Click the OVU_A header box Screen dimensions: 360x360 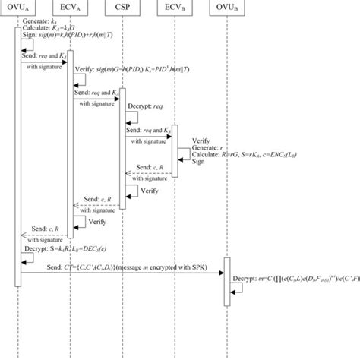tap(20, 10)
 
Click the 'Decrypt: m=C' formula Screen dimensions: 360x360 tap(296, 279)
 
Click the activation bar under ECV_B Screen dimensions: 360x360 tap(174, 149)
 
